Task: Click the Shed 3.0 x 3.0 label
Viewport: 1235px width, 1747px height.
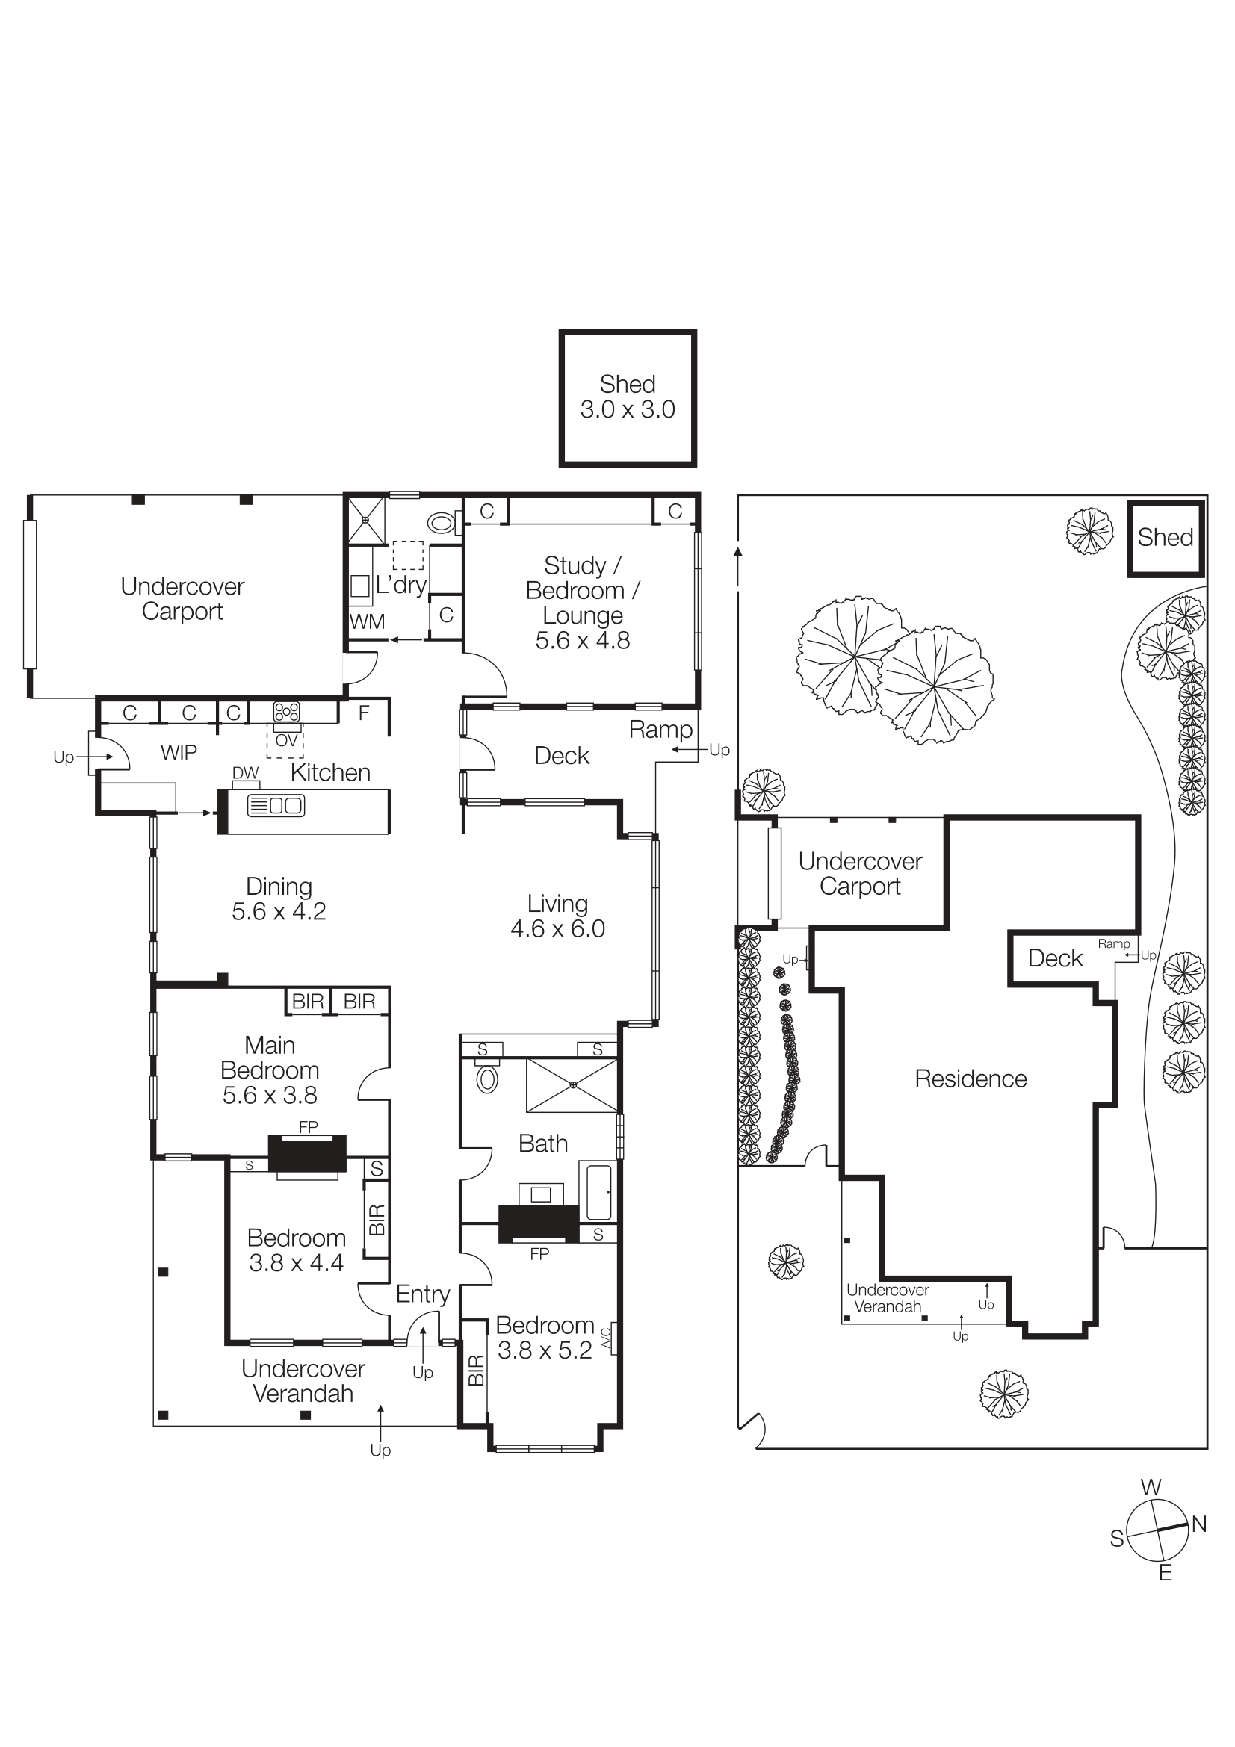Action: coord(627,397)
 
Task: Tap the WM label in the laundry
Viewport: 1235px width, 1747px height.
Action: coord(367,621)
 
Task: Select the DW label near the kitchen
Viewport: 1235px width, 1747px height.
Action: coord(245,772)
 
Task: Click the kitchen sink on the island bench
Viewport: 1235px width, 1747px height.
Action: coord(276,805)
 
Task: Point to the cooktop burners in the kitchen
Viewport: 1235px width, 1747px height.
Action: coord(286,712)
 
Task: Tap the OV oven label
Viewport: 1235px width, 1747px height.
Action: coord(286,740)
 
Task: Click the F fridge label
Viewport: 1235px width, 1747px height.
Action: coord(364,713)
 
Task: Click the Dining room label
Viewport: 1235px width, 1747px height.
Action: coord(279,887)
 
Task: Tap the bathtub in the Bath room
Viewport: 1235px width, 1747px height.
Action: coord(599,1191)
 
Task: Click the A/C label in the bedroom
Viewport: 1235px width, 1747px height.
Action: coord(607,1337)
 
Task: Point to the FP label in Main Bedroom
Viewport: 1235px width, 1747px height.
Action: coord(308,1127)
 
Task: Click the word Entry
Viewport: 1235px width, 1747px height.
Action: coord(423,1294)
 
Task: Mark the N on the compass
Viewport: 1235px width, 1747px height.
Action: coord(1199,1524)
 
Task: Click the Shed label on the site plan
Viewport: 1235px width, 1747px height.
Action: coord(1165,537)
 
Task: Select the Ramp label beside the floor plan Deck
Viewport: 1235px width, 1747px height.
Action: coord(660,730)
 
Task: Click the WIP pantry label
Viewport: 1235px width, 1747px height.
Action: coord(179,753)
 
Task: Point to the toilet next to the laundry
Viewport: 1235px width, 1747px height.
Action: coord(442,523)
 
